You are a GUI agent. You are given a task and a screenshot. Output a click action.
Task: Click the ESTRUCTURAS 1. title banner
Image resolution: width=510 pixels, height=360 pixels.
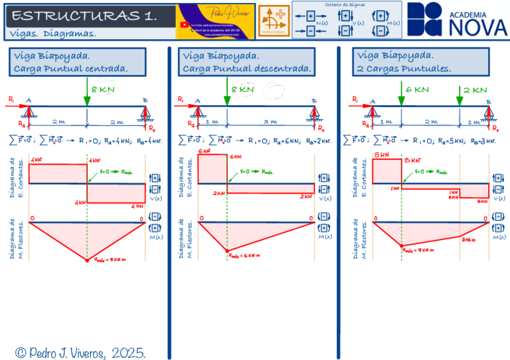coord(84,16)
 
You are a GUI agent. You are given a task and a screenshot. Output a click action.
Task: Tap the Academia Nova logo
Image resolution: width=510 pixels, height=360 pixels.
coord(456,19)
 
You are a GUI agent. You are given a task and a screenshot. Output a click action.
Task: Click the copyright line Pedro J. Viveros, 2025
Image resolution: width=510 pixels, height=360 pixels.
coord(81,352)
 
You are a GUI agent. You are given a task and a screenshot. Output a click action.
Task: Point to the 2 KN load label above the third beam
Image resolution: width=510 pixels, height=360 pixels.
coord(475,90)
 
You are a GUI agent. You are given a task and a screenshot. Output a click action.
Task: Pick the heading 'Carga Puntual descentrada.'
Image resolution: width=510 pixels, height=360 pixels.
coord(247,69)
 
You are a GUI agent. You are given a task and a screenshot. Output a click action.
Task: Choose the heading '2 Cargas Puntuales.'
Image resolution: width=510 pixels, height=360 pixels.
coord(404,69)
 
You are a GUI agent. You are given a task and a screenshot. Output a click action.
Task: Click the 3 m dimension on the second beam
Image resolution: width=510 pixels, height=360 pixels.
coord(270,121)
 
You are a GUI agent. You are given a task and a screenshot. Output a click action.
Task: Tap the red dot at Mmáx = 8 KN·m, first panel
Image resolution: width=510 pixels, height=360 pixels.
coord(87,260)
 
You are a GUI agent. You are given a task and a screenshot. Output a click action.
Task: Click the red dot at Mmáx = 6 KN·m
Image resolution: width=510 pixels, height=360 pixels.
coord(227,251)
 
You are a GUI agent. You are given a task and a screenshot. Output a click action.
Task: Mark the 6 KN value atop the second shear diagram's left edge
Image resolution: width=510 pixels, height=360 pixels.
coord(204,151)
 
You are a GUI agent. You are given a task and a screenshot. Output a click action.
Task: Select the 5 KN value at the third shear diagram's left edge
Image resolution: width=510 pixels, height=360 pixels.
coord(381,154)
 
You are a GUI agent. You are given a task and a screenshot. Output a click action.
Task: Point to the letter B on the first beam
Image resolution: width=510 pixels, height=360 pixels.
coord(145,101)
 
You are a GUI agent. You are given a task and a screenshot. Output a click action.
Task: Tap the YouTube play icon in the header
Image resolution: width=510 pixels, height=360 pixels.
coord(183,25)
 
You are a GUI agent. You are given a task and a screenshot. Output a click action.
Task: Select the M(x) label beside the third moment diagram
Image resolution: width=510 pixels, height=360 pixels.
coord(499,237)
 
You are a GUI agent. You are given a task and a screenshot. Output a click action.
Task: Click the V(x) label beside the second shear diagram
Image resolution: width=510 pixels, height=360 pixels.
coord(325,198)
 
